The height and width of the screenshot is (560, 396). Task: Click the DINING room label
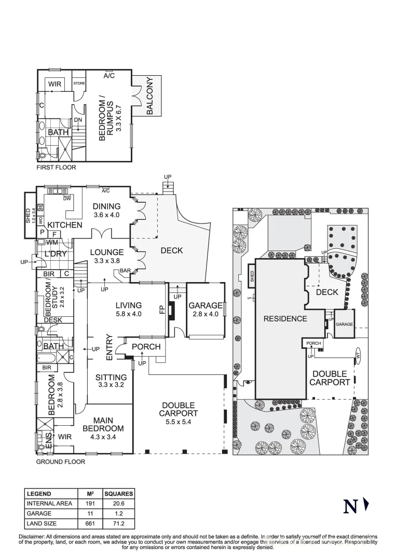106,206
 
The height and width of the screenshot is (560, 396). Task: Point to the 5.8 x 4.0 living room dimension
128,314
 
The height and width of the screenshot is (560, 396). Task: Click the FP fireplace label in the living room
162,310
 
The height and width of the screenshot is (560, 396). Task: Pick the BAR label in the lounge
125,271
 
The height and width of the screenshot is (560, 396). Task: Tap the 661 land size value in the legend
90,524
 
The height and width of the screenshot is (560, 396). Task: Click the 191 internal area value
90,503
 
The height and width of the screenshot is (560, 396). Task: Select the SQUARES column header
118,494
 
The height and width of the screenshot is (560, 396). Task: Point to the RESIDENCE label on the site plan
285,318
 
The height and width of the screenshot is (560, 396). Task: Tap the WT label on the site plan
358,355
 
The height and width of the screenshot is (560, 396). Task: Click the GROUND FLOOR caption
60,461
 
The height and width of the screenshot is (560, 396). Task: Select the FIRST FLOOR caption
56,167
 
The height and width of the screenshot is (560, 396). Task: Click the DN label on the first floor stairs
78,120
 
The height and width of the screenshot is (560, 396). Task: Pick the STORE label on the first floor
79,83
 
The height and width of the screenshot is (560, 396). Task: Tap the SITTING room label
111,377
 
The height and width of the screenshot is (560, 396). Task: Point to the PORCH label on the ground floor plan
146,347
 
